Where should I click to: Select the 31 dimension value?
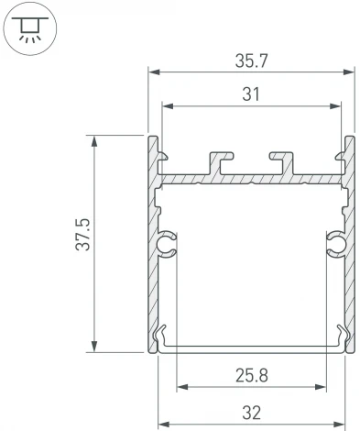251,94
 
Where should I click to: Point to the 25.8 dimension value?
251,373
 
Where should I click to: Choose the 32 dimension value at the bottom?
251,412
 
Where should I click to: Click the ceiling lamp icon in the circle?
29,30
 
